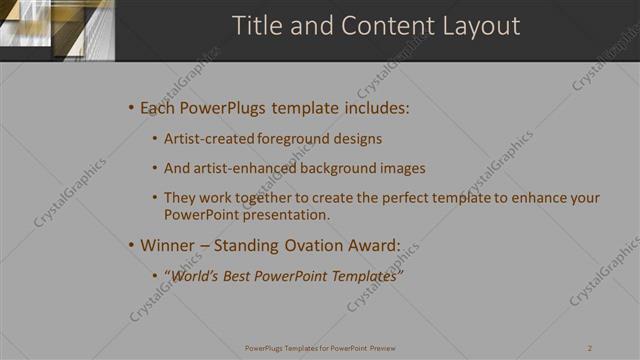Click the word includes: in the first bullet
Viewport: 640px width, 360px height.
coord(374,107)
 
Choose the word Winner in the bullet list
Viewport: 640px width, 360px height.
coord(167,244)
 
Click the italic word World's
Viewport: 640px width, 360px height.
coord(196,275)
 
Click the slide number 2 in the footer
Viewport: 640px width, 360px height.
coord(591,348)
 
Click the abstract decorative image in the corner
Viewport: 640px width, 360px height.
coord(57,30)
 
